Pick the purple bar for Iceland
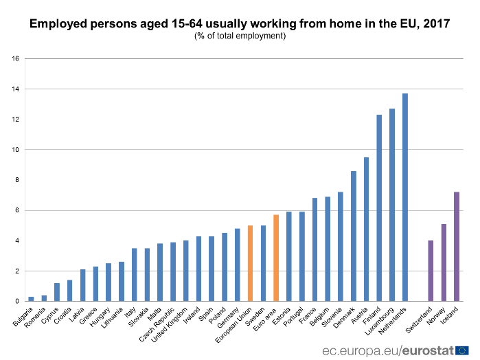click(457, 247)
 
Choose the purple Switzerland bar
click(431, 271)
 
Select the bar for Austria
click(367, 229)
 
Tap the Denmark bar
click(354, 236)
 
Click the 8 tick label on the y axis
click(16, 180)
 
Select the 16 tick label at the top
click(15, 58)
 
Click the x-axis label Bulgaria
click(23, 317)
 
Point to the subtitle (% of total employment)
click(240, 36)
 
